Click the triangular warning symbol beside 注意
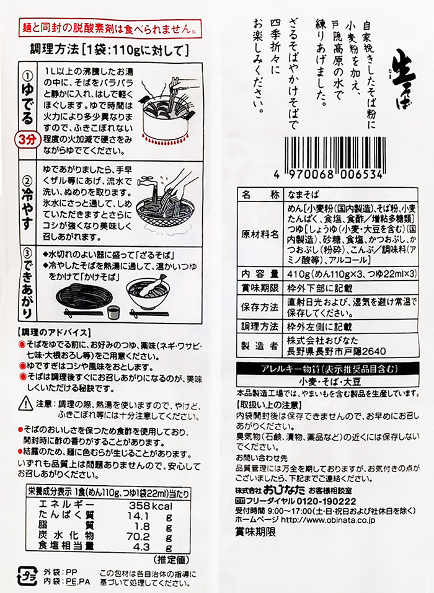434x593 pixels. point(24,403)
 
